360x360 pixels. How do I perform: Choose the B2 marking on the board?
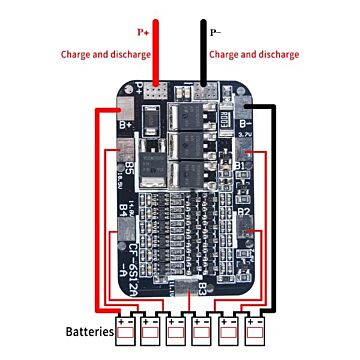coord(242,212)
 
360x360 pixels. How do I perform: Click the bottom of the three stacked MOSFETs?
coord(189,174)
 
